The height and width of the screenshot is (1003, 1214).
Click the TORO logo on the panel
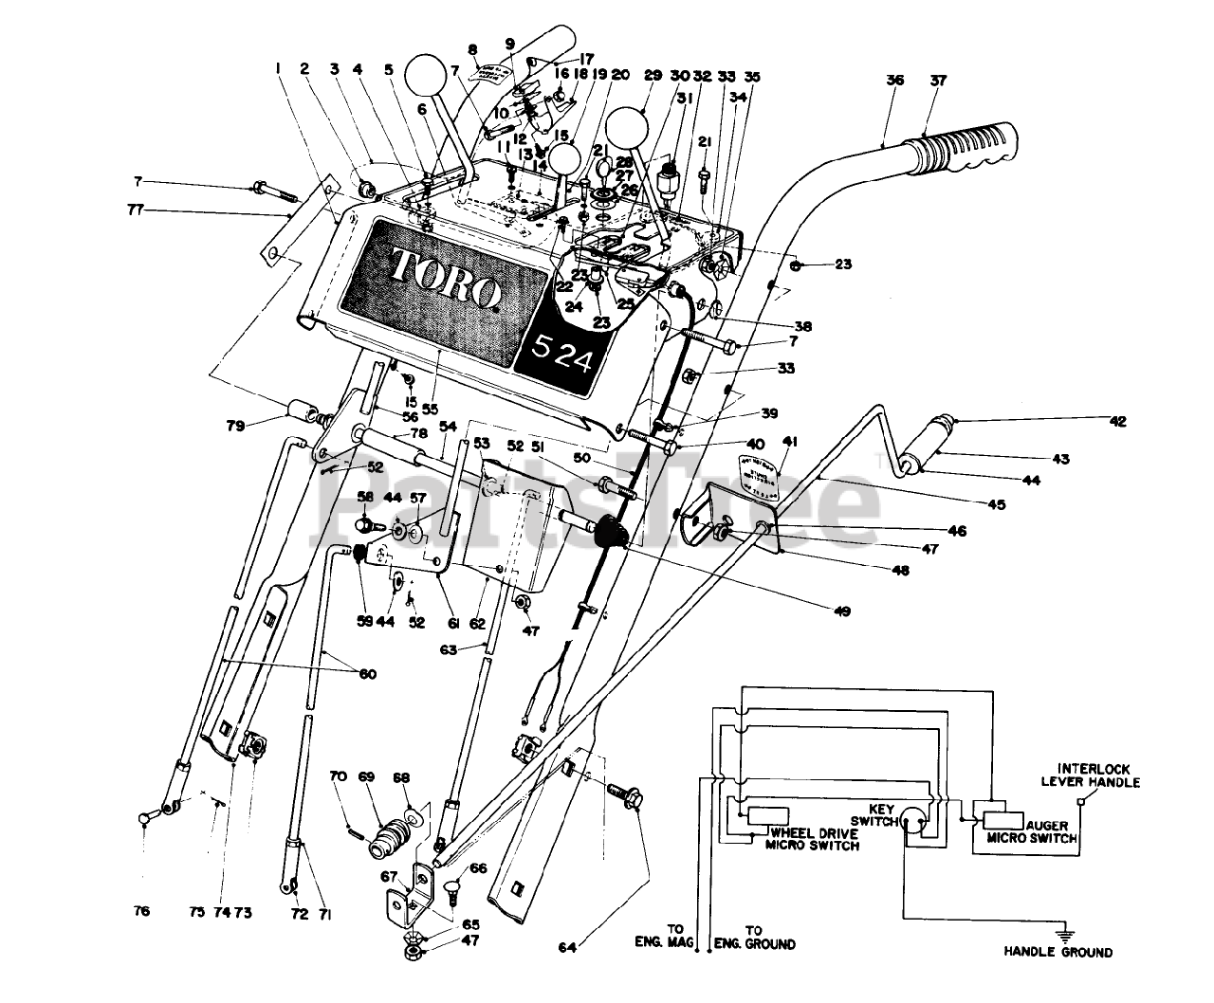(446, 278)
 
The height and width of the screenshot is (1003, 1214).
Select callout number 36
(895, 82)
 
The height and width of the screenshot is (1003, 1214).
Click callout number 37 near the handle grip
(938, 82)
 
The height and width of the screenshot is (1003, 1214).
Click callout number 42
(1119, 422)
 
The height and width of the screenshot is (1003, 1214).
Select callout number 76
(141, 912)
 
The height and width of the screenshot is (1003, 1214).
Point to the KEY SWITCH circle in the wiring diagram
(913, 824)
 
